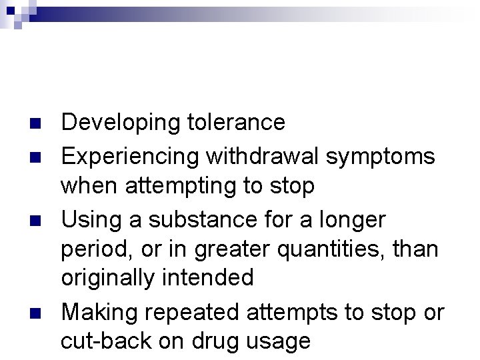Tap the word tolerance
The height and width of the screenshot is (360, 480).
(233, 123)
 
